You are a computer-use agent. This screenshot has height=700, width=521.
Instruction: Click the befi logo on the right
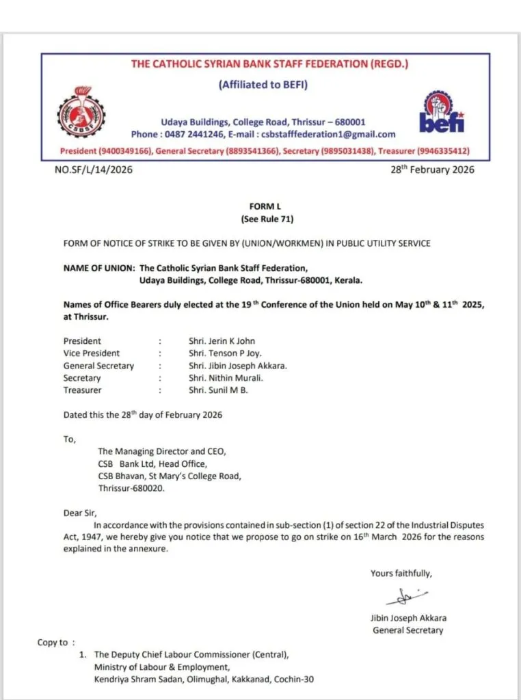tap(442, 113)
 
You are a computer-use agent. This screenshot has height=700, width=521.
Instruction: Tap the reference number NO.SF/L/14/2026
tap(93, 170)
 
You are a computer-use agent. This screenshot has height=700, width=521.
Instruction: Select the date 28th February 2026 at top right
tap(432, 170)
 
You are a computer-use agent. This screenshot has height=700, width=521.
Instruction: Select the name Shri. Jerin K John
tap(222, 341)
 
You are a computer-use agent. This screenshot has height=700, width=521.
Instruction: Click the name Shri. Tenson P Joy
tap(225, 353)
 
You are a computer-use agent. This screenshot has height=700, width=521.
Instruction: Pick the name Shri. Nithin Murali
tap(225, 378)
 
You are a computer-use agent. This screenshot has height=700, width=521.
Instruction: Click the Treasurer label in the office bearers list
tap(83, 390)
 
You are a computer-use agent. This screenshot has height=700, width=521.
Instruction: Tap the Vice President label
tap(92, 353)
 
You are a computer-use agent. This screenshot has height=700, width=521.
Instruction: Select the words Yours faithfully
tap(401, 574)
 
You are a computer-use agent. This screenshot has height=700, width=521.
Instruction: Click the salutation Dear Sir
tap(81, 513)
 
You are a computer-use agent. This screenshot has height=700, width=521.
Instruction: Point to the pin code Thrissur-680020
tap(131, 489)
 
